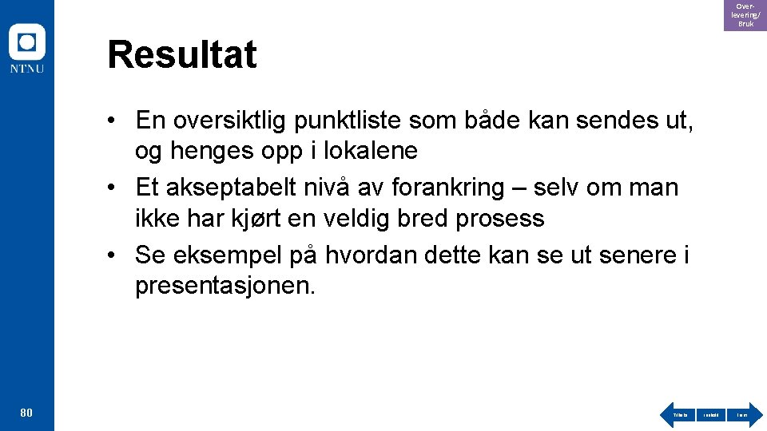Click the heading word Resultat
182,55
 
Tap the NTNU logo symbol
27,42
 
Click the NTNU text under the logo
27,69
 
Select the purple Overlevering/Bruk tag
745,15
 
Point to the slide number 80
26,413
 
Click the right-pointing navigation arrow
744,415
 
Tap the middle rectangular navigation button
710,415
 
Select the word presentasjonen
225,285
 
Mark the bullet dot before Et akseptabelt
116,188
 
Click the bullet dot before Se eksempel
116,256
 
